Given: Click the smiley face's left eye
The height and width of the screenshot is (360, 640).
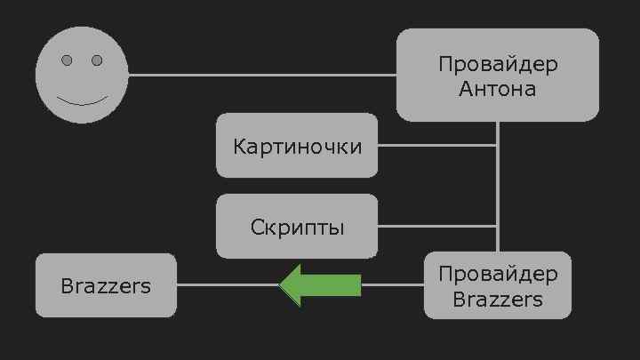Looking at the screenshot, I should [x=67, y=60].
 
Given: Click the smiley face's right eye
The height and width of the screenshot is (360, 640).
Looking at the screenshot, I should [x=97, y=60].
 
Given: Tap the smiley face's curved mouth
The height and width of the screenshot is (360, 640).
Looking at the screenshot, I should [x=82, y=99].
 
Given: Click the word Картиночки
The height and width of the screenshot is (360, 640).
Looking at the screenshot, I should [x=297, y=146].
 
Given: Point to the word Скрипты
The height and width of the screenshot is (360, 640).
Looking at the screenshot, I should [x=297, y=227].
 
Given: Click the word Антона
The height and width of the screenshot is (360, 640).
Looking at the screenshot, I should [x=497, y=89].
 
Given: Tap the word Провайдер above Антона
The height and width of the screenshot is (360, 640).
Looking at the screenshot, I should [x=497, y=65].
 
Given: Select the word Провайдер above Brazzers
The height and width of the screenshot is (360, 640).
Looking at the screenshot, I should [x=497, y=273].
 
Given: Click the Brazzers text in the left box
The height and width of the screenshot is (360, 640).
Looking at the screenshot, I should [x=106, y=286].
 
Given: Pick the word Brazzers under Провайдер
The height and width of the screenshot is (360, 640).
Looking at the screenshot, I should [x=497, y=299].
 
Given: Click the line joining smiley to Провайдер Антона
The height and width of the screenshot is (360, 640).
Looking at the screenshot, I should [x=262, y=75].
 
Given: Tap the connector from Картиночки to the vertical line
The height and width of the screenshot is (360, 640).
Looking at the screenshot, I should [x=436, y=145].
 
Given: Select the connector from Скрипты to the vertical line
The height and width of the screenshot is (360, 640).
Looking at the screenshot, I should [x=436, y=226].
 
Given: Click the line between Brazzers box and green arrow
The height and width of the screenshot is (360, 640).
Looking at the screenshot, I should [x=227, y=285].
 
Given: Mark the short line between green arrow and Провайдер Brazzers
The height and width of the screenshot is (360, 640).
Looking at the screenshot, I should [x=392, y=285].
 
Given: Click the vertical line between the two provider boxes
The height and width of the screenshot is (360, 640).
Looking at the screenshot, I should [x=497, y=187].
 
